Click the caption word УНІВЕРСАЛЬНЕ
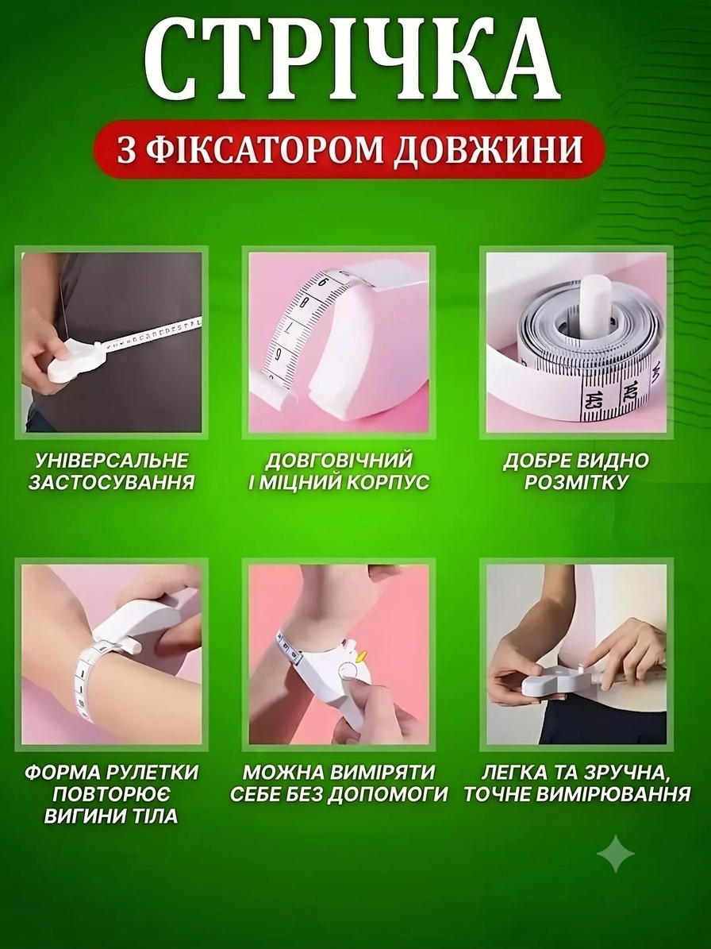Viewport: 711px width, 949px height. pos(112,461)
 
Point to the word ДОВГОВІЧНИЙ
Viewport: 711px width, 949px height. pos(339,461)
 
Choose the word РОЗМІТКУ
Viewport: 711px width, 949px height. pos(576,482)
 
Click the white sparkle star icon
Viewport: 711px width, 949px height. pos(616,854)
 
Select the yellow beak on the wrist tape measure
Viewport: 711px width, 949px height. pos(363,656)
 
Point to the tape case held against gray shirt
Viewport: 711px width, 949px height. pos(76,361)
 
